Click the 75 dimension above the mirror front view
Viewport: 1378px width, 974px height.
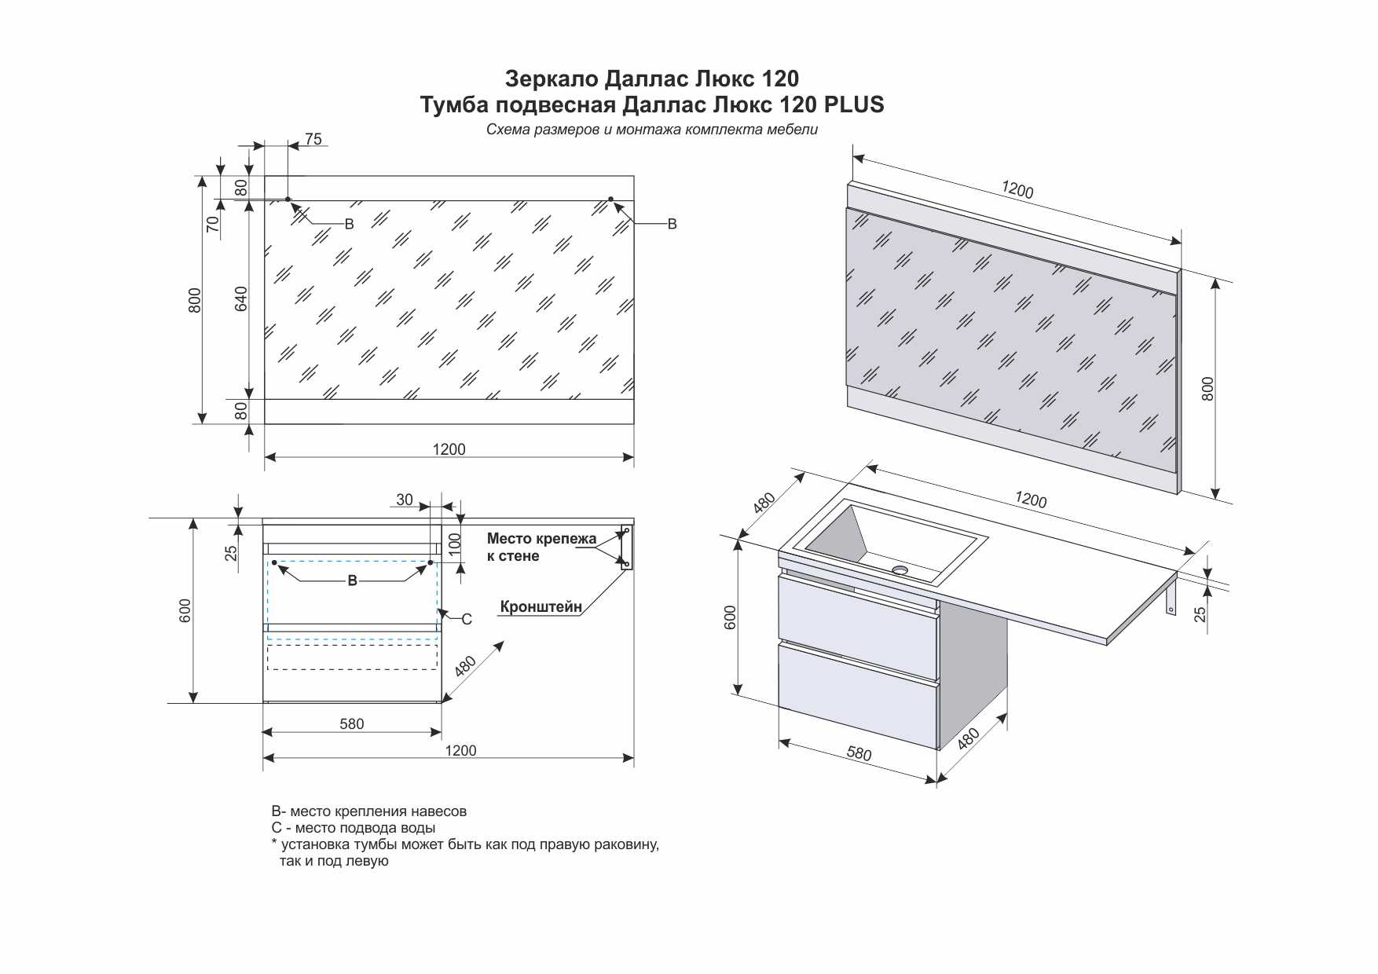coord(313,139)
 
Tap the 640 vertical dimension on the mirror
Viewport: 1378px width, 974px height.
coord(241,298)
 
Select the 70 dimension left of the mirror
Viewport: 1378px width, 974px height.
coord(213,224)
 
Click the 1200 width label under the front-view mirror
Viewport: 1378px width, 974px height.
coord(449,449)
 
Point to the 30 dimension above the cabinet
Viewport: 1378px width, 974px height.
coord(404,500)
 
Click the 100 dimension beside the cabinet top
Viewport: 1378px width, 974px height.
coord(455,544)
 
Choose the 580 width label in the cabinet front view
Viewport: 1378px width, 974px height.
coord(351,723)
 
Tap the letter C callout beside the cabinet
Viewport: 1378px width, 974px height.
coord(467,619)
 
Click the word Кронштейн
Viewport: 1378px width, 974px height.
coord(541,607)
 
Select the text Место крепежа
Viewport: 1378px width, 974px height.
coord(541,539)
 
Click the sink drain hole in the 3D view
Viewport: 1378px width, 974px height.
coord(900,569)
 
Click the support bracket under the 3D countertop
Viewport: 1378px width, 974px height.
coord(1171,594)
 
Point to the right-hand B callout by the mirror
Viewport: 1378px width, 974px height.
coord(672,225)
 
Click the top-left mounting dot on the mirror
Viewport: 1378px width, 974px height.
coord(288,200)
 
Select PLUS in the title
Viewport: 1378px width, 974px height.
coord(854,104)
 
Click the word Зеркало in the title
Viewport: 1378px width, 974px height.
coord(551,79)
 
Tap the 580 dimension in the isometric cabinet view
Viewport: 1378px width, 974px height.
coord(859,753)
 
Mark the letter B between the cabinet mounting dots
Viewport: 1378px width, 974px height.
coord(352,580)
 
